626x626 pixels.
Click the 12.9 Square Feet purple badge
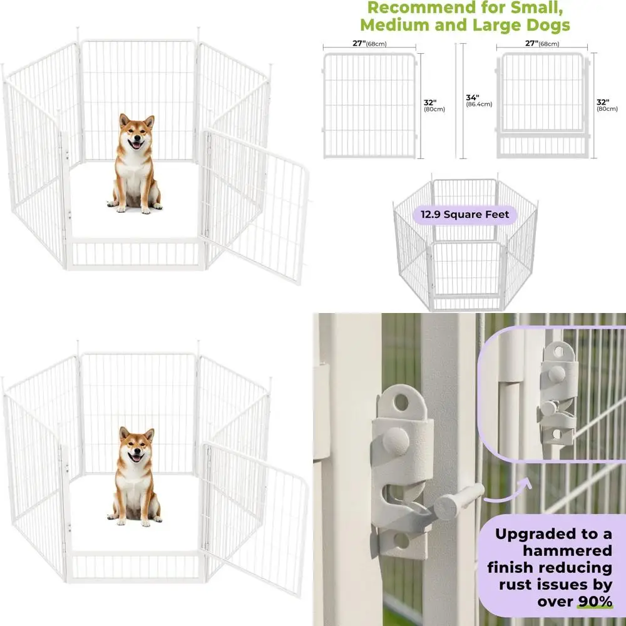point(465,215)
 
